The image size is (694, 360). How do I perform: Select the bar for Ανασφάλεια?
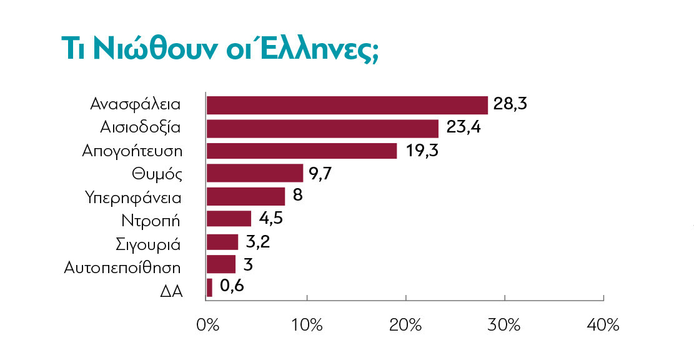(x=347, y=105)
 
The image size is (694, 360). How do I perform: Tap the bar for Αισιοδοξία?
(x=322, y=128)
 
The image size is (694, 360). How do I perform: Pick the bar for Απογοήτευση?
(x=301, y=151)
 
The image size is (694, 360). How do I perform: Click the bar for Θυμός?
(x=254, y=173)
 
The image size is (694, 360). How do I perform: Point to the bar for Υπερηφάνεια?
(x=245, y=196)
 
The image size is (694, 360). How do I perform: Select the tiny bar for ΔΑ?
(x=209, y=287)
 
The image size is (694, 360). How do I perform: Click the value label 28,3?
(x=510, y=104)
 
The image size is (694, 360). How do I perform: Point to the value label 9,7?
(x=319, y=173)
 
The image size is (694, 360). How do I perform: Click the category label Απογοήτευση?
(x=131, y=152)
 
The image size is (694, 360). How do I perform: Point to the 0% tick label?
(x=207, y=325)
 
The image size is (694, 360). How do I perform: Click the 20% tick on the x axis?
(x=405, y=325)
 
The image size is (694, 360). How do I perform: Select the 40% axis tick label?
(x=603, y=325)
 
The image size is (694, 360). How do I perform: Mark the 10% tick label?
(x=306, y=325)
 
